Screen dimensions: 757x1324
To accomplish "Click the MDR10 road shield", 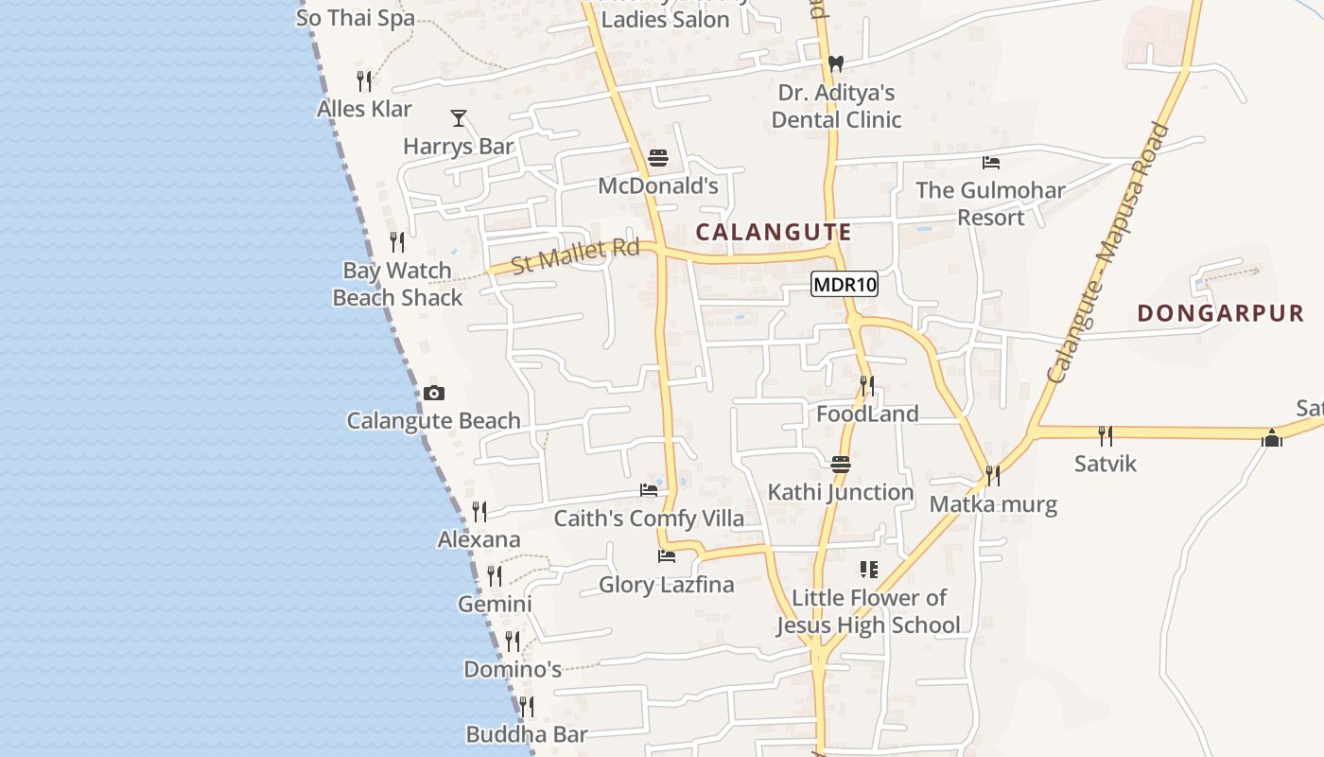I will click(x=845, y=284).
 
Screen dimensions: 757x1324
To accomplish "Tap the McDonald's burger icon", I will click(x=658, y=157).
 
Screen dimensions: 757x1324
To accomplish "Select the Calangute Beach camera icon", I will click(x=434, y=393).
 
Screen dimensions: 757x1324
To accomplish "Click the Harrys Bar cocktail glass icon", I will click(x=459, y=118).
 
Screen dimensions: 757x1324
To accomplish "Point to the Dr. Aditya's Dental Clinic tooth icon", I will click(x=835, y=64).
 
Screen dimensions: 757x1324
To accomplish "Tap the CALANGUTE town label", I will click(x=774, y=232).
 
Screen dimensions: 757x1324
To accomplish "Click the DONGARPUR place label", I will click(x=1220, y=313).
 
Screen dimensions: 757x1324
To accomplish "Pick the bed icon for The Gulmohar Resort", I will click(x=991, y=163).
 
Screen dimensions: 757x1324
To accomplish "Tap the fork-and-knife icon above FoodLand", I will click(x=866, y=386).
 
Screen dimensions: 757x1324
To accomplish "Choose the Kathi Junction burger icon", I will click(x=841, y=465).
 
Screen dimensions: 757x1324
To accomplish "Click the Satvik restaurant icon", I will click(x=1105, y=435).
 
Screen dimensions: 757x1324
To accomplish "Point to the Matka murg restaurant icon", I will click(x=992, y=475).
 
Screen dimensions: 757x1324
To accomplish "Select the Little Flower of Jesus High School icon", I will click(x=868, y=570).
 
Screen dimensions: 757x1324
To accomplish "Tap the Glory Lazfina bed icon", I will click(x=667, y=556).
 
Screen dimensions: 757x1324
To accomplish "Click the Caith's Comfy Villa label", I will click(x=649, y=519).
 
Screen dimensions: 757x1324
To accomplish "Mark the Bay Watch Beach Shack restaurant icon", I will click(x=397, y=242).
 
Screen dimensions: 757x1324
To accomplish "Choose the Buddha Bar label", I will click(x=527, y=734).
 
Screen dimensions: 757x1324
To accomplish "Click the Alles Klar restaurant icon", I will click(x=364, y=81).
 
